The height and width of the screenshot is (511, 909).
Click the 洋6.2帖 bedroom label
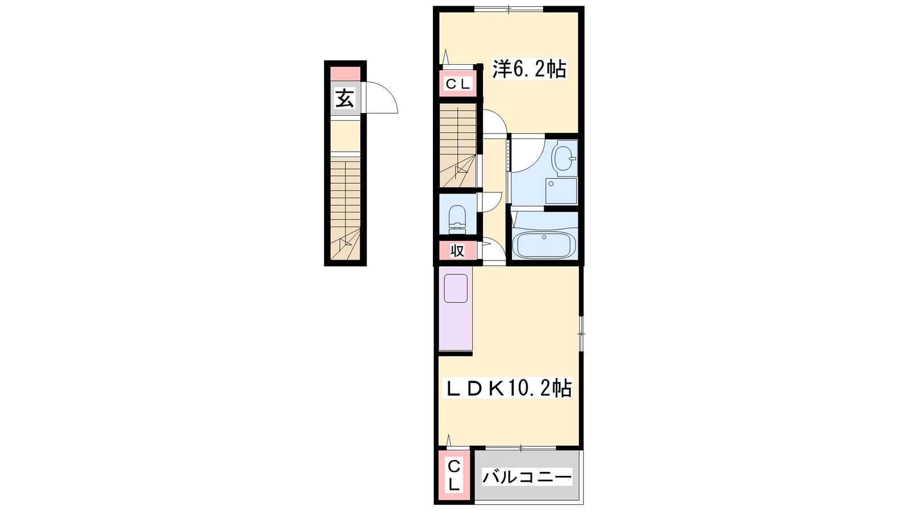coord(529,69)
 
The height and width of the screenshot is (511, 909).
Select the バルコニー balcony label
coord(527,477)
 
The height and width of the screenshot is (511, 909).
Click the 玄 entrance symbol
coord(344,99)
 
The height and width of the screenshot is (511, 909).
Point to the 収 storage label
coord(457,251)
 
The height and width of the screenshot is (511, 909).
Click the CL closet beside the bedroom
coord(458,85)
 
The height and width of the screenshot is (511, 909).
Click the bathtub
coord(544,245)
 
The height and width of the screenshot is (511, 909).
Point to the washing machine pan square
coord(561,191)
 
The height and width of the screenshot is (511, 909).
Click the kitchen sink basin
coord(456,288)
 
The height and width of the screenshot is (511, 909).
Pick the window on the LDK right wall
coord(581,333)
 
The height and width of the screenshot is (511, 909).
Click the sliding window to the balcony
coord(521,448)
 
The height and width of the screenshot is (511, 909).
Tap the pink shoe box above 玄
coord(345,74)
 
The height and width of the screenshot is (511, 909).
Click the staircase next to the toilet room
coord(458,145)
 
